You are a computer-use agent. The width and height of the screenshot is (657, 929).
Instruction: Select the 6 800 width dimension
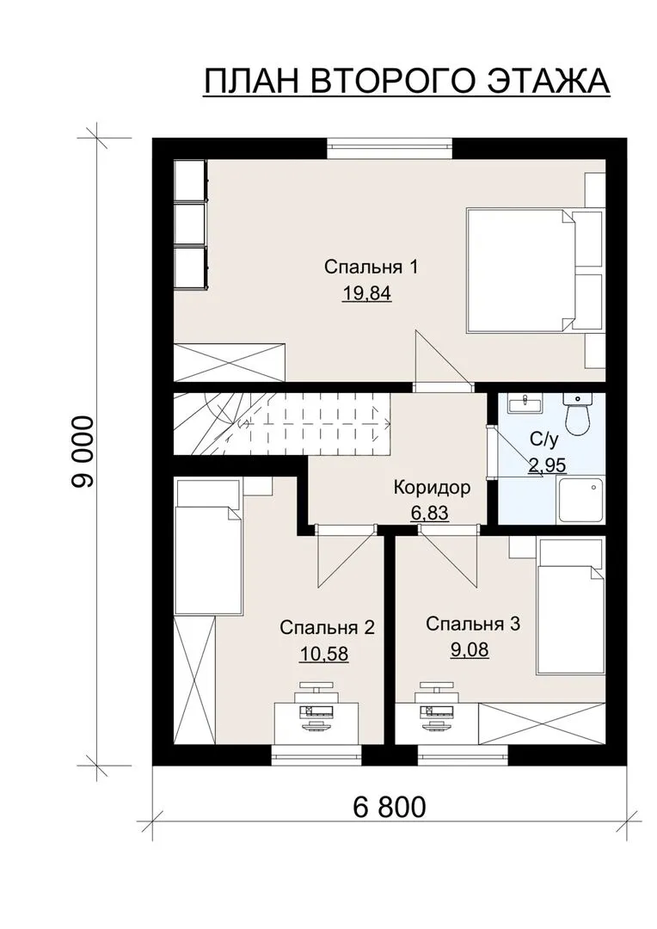click(390, 807)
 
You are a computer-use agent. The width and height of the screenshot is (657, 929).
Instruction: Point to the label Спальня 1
click(371, 267)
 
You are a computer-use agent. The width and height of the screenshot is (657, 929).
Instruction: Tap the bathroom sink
click(525, 403)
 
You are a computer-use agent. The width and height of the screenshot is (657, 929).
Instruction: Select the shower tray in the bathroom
click(580, 501)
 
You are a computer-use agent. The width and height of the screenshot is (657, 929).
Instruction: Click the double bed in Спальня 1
click(520, 269)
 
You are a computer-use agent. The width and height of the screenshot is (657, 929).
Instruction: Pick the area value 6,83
click(429, 513)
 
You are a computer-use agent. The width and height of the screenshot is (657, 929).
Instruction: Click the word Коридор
click(432, 488)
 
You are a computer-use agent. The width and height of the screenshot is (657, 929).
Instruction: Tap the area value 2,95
click(547, 465)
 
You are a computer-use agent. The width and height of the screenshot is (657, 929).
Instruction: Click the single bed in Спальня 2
click(208, 546)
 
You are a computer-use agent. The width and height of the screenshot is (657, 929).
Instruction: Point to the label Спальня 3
click(473, 624)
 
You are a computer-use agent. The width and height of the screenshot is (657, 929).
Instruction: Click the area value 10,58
click(324, 654)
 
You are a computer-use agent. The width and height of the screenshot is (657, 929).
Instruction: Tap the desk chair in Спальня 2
click(316, 687)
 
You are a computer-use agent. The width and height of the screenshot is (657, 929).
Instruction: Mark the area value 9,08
click(470, 650)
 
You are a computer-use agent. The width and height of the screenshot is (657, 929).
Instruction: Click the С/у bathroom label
click(543, 440)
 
